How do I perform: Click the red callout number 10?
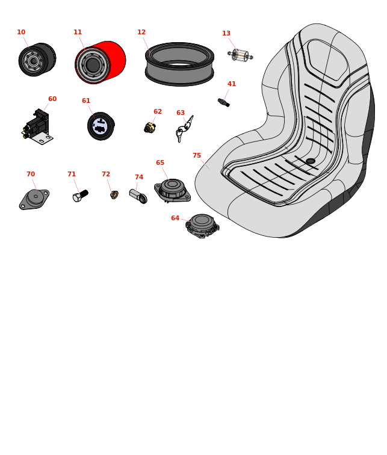21,32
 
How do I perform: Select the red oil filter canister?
101,63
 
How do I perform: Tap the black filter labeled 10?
37,60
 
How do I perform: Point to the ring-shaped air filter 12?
179,64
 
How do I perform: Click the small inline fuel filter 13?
240,55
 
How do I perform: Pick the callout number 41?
232,84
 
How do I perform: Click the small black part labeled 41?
224,102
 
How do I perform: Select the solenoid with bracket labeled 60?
37,127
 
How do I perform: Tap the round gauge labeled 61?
101,126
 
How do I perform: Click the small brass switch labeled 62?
150,128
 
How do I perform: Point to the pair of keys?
184,129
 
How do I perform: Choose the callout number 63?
181,113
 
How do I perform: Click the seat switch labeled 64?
202,226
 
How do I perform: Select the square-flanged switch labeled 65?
172,190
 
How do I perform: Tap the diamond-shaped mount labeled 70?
34,199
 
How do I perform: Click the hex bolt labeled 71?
81,196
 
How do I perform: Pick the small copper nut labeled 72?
114,195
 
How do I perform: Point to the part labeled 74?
138,196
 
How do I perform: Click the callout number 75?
197,155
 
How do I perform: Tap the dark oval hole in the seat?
311,161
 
